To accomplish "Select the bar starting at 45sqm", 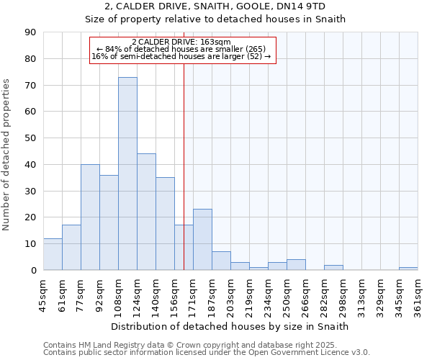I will click(53, 254).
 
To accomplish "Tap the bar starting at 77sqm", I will click(90, 217).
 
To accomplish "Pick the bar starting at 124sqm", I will click(146, 212).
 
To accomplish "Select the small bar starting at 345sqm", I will click(408, 269).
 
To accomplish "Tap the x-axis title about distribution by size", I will click(230, 326).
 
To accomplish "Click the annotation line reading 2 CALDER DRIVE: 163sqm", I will click(181, 42).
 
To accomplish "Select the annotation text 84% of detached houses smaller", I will click(181, 49).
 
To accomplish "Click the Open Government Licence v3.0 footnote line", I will click(207, 353).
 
